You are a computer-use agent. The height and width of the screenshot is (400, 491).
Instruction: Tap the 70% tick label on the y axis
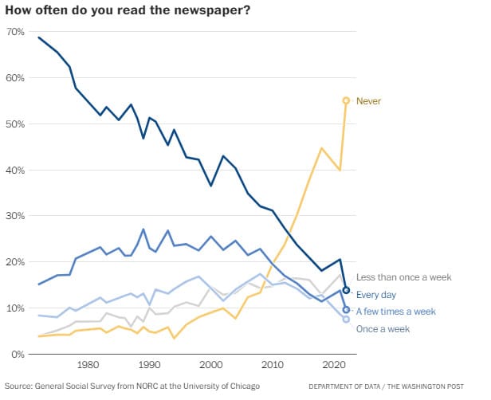(15, 32)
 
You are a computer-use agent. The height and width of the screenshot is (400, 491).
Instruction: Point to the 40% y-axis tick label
(15, 171)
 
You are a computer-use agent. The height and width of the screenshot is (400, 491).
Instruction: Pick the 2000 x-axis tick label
(210, 365)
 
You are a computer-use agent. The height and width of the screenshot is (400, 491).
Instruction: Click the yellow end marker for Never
(346, 100)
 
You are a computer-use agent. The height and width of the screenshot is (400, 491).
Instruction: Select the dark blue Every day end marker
(346, 290)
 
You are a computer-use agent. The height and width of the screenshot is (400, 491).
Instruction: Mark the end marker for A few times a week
(346, 309)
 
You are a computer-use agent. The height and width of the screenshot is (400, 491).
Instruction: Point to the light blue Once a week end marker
(346, 319)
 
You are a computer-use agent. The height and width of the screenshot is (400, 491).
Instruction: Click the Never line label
(368, 100)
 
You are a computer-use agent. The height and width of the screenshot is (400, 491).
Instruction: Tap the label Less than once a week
(403, 277)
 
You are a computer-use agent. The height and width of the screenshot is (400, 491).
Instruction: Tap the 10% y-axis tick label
(15, 308)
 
